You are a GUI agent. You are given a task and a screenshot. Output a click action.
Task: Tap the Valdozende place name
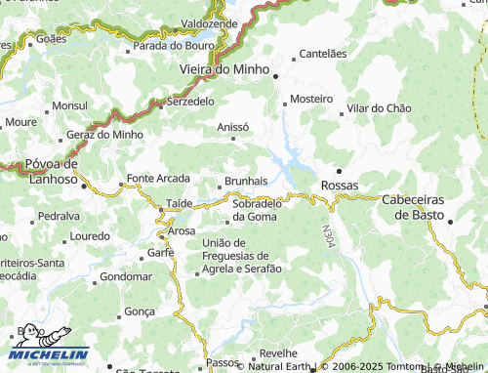[209, 21]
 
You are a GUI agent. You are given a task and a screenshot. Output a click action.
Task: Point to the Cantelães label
[323, 54]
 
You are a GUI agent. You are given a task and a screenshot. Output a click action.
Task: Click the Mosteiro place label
[311, 100]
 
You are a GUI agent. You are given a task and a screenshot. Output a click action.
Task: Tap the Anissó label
[232, 126]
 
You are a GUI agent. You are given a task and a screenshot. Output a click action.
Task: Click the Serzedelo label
[191, 101]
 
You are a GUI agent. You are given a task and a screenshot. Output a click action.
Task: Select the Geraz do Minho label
[104, 134]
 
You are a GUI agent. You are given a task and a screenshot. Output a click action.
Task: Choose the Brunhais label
[246, 181]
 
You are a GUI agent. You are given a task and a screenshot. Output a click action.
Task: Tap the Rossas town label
[340, 185]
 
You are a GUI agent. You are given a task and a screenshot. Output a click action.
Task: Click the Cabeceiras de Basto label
[412, 206]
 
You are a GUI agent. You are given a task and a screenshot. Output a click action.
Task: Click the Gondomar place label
[126, 276]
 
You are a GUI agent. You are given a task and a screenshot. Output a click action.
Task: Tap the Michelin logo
[49, 345]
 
